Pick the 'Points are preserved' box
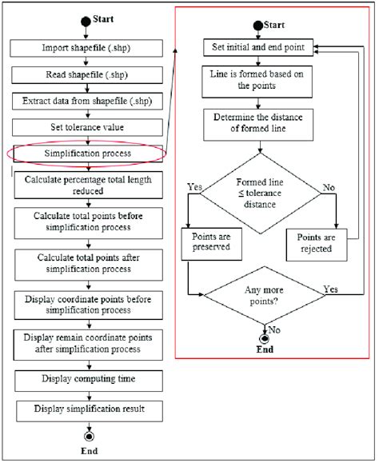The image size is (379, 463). [x=213, y=243]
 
